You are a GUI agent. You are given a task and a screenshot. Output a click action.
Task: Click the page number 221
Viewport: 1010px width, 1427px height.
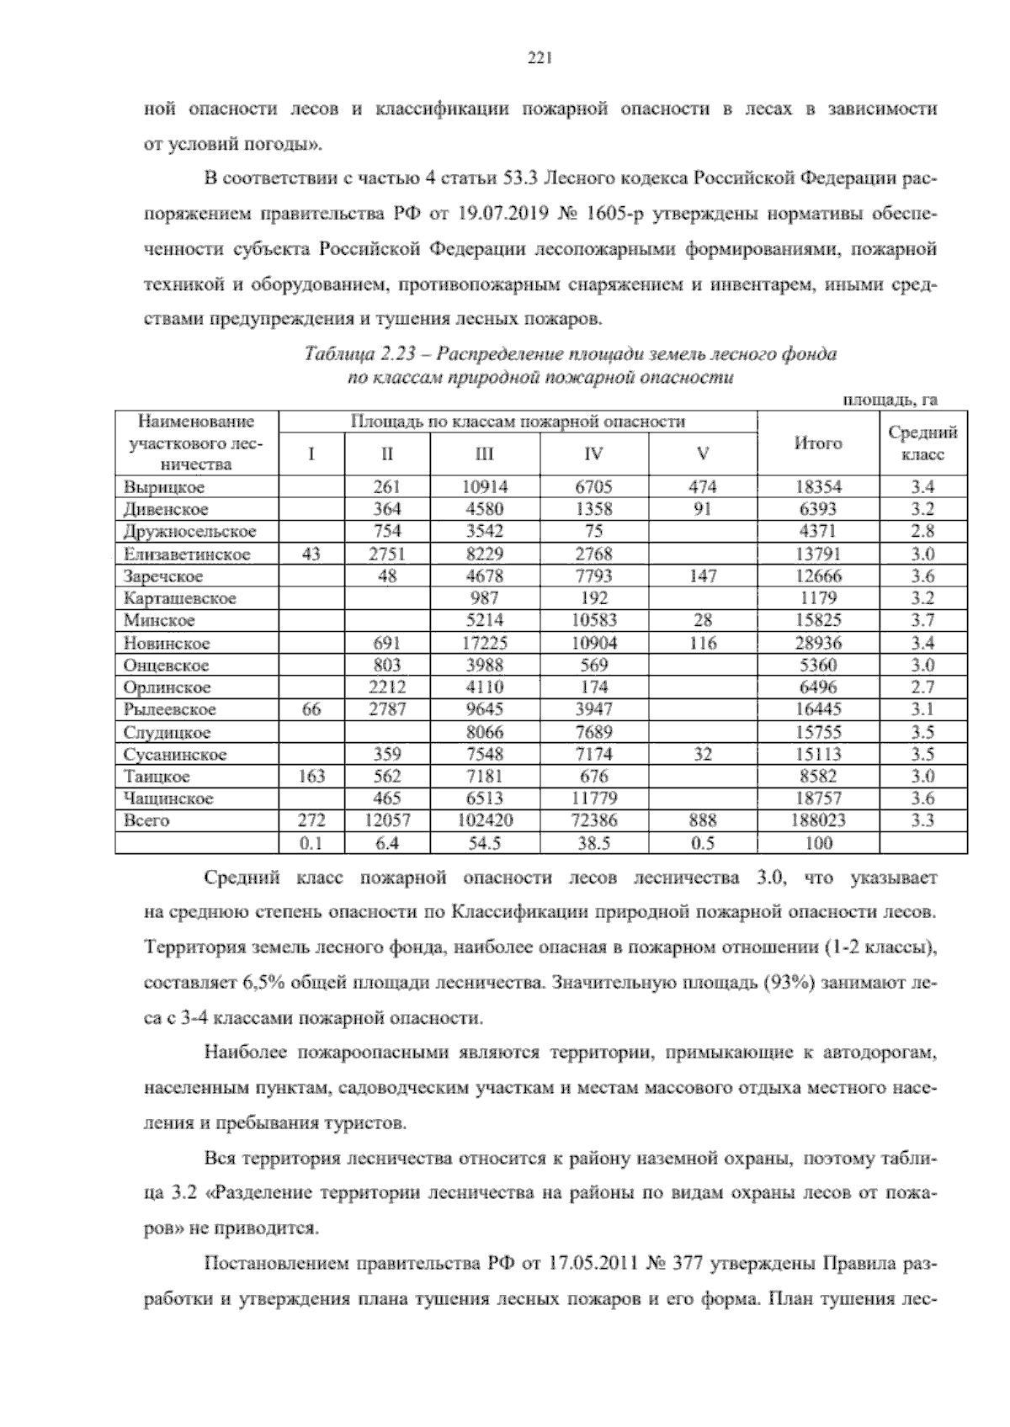point(539,58)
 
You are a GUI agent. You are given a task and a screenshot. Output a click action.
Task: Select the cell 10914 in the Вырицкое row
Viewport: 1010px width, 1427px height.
point(485,487)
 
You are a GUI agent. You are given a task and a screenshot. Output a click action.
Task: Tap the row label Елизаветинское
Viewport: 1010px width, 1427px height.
point(186,554)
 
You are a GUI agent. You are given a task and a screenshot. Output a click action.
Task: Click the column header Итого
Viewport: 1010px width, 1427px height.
point(818,443)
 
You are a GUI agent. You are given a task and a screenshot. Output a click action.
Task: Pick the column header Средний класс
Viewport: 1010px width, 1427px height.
point(923,443)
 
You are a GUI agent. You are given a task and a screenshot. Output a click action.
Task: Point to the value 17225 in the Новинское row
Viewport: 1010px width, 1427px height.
point(485,643)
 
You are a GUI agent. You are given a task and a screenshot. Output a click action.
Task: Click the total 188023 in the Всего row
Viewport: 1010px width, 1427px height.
point(818,820)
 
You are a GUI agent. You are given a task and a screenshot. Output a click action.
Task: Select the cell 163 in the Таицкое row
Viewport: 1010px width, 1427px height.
point(311,776)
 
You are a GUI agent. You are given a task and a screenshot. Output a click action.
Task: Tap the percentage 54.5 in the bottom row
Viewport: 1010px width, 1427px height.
point(485,843)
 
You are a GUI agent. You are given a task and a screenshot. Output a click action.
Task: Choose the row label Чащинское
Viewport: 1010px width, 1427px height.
point(167,798)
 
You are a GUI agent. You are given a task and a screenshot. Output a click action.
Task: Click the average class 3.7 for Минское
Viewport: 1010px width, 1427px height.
point(923,621)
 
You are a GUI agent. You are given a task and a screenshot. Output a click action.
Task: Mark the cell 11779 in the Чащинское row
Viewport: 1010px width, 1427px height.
point(593,798)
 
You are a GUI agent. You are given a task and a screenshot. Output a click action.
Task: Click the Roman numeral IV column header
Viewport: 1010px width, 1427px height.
point(593,454)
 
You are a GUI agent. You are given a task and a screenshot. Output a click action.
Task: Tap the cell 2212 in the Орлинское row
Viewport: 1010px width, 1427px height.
point(387,687)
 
